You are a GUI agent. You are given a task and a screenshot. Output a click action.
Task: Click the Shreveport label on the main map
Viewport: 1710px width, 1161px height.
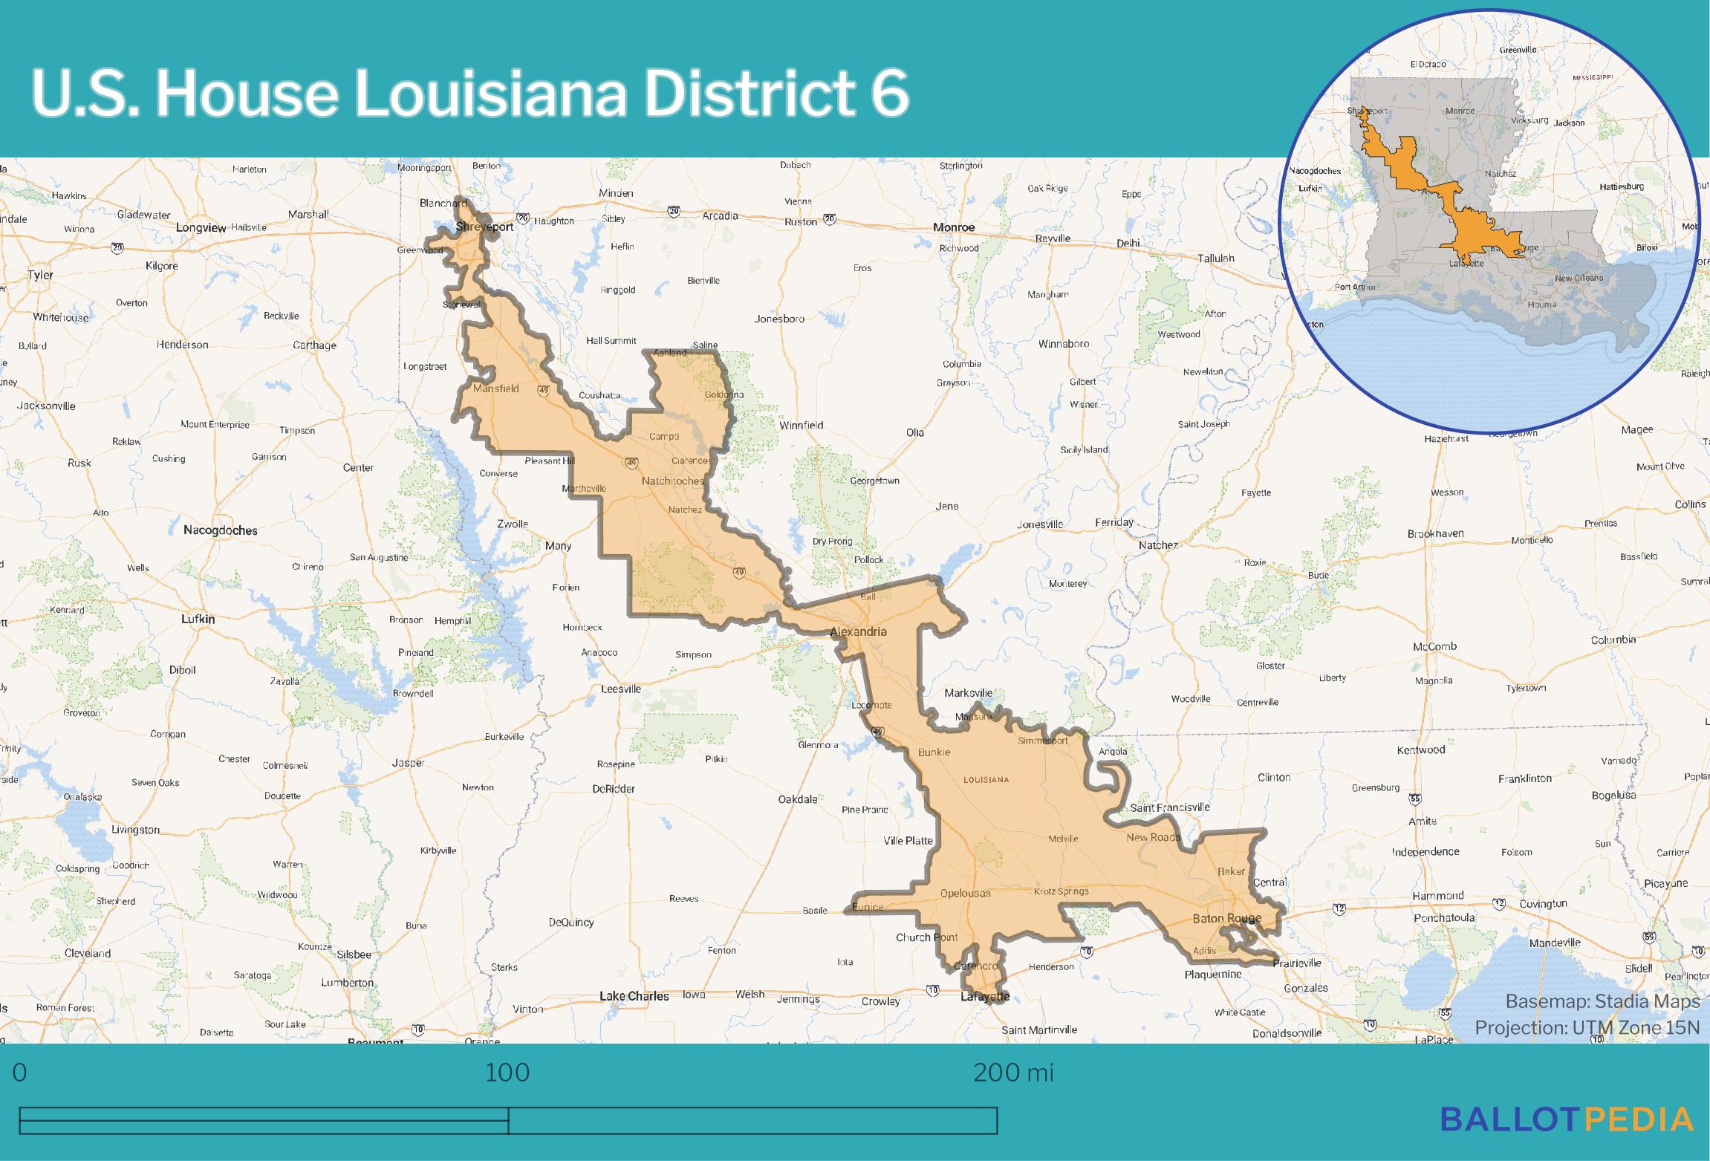point(484,227)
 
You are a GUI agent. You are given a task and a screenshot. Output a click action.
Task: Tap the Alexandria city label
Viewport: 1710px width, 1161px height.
point(858,631)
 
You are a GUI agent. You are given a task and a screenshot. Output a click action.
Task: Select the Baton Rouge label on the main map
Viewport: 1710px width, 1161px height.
point(1226,919)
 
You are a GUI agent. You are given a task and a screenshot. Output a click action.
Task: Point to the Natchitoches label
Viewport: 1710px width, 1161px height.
point(672,481)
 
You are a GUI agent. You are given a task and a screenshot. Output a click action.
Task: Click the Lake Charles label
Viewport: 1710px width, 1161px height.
point(634,996)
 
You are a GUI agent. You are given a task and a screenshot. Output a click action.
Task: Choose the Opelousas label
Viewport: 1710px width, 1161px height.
point(965,893)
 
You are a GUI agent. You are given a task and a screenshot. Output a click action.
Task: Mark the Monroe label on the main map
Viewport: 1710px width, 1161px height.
point(954,227)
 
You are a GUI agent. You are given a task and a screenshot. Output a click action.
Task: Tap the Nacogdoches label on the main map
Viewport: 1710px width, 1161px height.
point(221,530)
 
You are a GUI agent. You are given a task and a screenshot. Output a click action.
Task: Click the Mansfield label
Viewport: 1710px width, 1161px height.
point(495,388)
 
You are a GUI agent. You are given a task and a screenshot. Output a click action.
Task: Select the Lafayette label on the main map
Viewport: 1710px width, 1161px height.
point(985,997)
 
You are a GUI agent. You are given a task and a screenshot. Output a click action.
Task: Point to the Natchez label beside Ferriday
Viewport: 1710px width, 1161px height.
point(1157,545)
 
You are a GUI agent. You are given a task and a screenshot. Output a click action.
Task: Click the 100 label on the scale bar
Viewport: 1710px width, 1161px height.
point(508,1073)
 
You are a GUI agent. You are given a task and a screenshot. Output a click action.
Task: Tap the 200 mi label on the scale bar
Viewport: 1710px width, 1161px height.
point(1013,1073)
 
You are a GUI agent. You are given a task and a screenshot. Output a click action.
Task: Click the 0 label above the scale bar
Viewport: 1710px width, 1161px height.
point(20,1073)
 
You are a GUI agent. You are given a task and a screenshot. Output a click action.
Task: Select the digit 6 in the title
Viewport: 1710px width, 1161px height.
point(889,94)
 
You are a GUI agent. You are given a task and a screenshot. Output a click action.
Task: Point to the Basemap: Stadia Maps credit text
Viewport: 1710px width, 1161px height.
point(1602,1001)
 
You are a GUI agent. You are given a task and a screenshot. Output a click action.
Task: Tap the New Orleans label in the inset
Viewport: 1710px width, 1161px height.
point(1579,278)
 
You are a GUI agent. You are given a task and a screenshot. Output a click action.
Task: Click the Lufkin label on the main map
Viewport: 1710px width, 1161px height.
point(198,619)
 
